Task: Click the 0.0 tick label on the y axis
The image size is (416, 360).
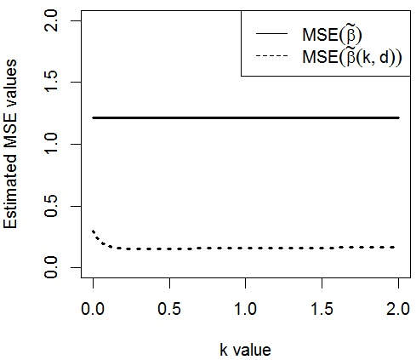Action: click(x=53, y=270)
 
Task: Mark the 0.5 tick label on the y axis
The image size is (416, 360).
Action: click(x=53, y=207)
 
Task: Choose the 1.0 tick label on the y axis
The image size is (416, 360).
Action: click(x=53, y=145)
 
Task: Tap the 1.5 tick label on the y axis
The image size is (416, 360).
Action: click(x=53, y=82)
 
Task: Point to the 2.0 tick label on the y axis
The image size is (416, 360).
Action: click(x=53, y=20)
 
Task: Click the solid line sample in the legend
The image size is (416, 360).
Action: click(x=271, y=35)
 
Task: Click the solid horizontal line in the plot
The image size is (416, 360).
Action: click(x=246, y=117)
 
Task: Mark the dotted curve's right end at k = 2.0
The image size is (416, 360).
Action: click(x=397, y=247)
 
